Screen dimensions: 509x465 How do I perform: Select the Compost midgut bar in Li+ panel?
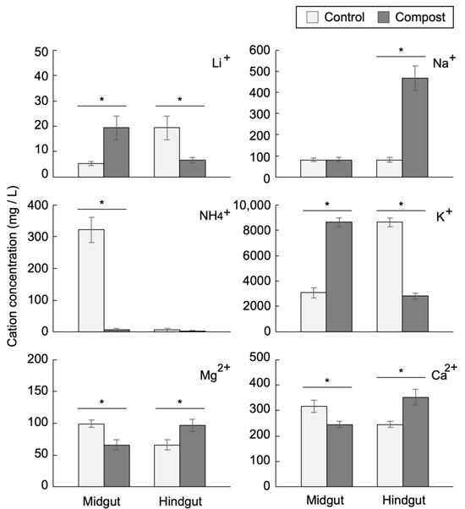point(116,152)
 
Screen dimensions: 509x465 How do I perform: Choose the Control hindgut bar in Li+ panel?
point(167,152)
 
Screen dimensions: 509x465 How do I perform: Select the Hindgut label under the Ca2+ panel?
point(402,500)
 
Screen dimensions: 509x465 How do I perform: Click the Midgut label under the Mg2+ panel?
point(103,500)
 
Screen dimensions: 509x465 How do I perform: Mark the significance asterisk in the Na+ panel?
point(402,51)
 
